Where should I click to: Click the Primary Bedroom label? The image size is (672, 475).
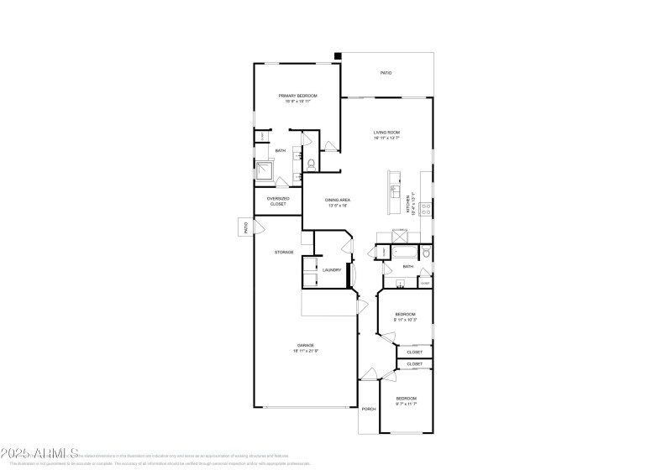pos(297,97)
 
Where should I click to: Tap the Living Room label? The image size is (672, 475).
pos(386,133)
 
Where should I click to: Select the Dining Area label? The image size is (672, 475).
pos(336,201)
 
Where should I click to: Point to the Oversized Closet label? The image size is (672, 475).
pos(278,201)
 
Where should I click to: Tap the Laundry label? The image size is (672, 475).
pos(332,269)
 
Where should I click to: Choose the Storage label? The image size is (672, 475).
pos(283,252)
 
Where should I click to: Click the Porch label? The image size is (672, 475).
pos(368,409)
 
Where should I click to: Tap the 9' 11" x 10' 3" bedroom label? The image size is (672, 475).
pos(407,316)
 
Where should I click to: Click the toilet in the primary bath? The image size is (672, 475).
pos(312,163)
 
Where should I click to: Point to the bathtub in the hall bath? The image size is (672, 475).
pos(405,252)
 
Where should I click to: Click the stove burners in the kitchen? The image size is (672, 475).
pos(426,209)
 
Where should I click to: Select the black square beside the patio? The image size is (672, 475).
pos(338,56)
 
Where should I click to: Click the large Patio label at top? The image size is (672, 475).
pos(386,73)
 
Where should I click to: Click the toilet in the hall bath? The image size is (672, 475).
pos(426,251)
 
